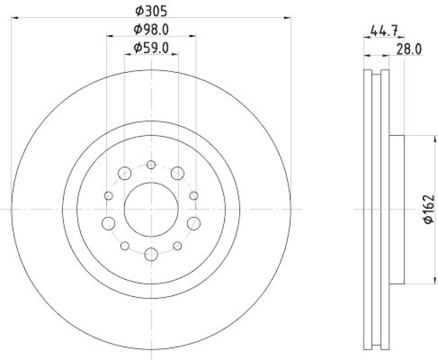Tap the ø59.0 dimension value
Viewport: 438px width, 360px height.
(151, 48)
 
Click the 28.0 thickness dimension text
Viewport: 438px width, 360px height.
(408, 49)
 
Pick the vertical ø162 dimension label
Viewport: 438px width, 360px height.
(429, 209)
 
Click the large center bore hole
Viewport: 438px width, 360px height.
(151, 209)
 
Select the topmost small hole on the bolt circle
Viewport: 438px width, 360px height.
(151, 164)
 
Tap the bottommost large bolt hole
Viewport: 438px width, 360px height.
(151, 254)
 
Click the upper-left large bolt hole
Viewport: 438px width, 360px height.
(125, 173)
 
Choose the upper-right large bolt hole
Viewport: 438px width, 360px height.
(177, 173)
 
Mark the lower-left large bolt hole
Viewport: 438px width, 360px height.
(109, 223)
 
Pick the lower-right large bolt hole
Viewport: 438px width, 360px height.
(194, 223)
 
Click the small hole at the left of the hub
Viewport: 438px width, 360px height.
(108, 196)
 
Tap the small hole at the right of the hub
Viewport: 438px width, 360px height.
(193, 196)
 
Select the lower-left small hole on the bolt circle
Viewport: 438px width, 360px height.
(125, 245)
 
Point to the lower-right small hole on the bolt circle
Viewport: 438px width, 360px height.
(177, 245)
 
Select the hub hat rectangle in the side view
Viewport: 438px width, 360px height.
(396, 209)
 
